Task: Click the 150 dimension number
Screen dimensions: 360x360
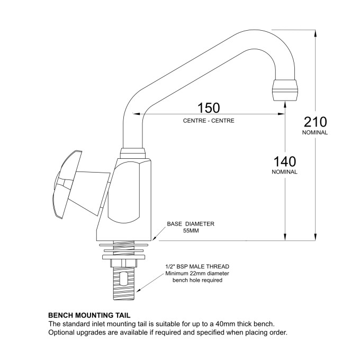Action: tap(209, 108)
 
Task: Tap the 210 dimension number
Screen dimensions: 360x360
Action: tap(316, 121)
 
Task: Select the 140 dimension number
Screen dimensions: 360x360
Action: tap(284, 161)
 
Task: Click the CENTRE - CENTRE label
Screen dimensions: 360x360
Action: tap(209, 121)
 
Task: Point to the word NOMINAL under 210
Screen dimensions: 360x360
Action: tap(316, 132)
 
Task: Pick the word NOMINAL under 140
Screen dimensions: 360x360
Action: tap(284, 172)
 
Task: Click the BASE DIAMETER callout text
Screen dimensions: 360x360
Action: tap(191, 224)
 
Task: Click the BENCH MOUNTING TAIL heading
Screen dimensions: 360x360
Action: tap(89, 314)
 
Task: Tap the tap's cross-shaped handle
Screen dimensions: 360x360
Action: tap(69, 183)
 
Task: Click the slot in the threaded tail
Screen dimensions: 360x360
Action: tap(124, 279)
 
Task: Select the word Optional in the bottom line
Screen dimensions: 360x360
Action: tap(62, 332)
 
